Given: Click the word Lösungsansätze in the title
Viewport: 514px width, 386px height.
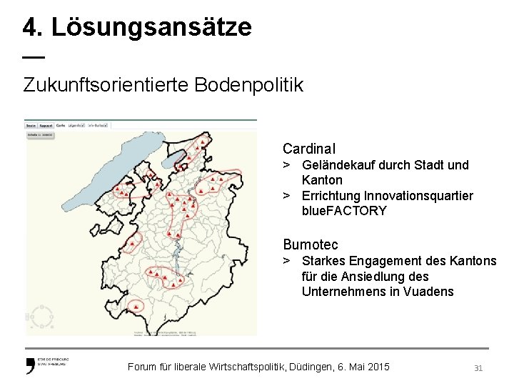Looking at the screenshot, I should pos(151,27).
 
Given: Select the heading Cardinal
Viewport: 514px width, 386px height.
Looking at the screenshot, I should pos(308,149).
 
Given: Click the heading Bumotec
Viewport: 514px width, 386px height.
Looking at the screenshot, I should pos(311,245).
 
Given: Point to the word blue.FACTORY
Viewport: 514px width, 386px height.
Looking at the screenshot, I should pos(344,211).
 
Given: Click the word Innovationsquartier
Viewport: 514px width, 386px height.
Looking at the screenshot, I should pos(418,196).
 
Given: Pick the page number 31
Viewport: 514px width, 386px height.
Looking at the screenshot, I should pos(478,367).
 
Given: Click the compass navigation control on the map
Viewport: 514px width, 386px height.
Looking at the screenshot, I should pos(41,315).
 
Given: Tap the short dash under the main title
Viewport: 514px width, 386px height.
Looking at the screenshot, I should pos(33,56).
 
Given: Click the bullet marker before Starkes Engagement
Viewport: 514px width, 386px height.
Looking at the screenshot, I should pos(286,261).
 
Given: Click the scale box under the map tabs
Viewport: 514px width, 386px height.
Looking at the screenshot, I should pos(41,134).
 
